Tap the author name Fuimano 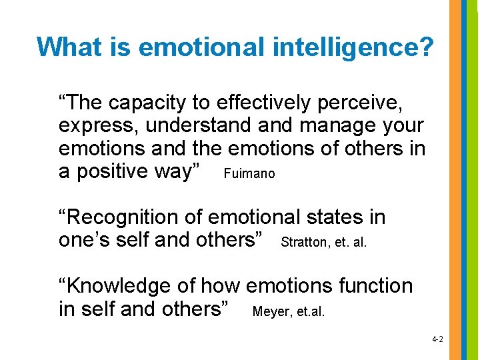[249, 174]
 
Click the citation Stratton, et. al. [324, 243]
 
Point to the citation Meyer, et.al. [289, 311]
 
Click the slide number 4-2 [437, 339]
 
